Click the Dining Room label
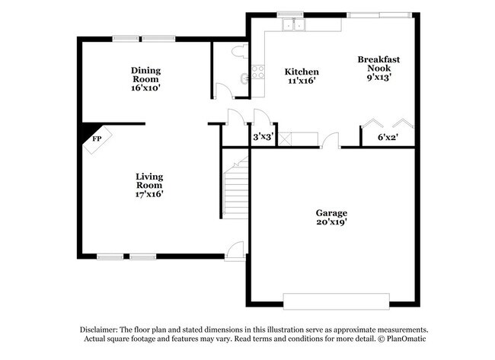point(145,72)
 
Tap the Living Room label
point(149,180)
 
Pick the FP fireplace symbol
point(97,140)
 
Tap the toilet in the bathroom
point(238,52)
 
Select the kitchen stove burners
point(258,72)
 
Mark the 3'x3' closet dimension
point(263,138)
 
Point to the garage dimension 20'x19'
point(331,223)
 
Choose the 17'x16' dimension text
point(149,194)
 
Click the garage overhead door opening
point(331,297)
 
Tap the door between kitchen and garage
point(329,141)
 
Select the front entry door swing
point(235,250)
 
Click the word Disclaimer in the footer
point(103,328)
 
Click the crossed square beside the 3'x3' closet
point(286,139)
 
